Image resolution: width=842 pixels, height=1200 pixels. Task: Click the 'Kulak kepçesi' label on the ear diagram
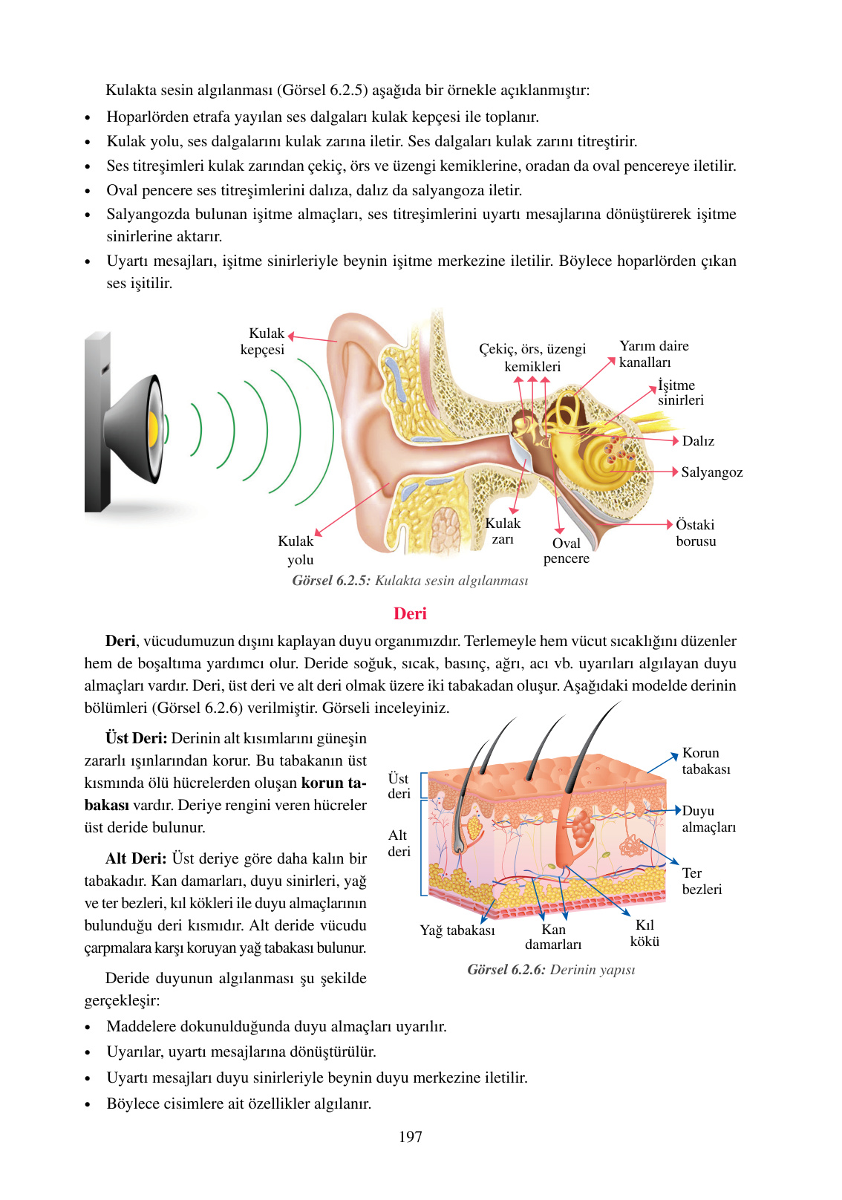click(x=263, y=342)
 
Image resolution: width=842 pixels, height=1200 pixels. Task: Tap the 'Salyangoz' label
click(x=711, y=472)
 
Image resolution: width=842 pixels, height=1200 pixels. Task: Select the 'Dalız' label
click(x=698, y=441)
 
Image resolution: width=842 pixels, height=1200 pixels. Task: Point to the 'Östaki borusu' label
click(x=696, y=533)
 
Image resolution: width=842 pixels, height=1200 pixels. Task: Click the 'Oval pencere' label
click(x=567, y=551)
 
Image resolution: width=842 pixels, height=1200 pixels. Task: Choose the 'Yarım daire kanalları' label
click(x=653, y=354)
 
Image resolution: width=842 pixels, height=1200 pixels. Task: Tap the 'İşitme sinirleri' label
click(x=679, y=393)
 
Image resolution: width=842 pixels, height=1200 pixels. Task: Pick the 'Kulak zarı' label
click(x=503, y=531)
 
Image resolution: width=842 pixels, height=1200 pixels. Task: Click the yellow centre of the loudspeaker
click(x=153, y=428)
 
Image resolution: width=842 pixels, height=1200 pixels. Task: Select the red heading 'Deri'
click(x=410, y=613)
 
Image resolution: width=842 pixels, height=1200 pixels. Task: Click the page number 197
click(x=410, y=1137)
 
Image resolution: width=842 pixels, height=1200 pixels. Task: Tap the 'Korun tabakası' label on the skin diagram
click(x=705, y=761)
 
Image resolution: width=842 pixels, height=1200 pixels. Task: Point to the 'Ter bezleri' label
click(x=702, y=881)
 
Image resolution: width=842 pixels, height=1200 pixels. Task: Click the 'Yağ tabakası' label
click(x=457, y=930)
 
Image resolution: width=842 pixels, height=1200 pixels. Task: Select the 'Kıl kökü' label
click(x=644, y=933)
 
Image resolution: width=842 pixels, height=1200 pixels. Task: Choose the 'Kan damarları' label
click(x=553, y=937)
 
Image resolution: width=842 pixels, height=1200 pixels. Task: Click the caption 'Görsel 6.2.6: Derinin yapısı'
click(x=551, y=970)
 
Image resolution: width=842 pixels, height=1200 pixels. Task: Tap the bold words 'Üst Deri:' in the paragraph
click(x=136, y=738)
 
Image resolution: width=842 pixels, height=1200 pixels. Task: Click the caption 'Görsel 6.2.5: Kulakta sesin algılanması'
click(x=410, y=581)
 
